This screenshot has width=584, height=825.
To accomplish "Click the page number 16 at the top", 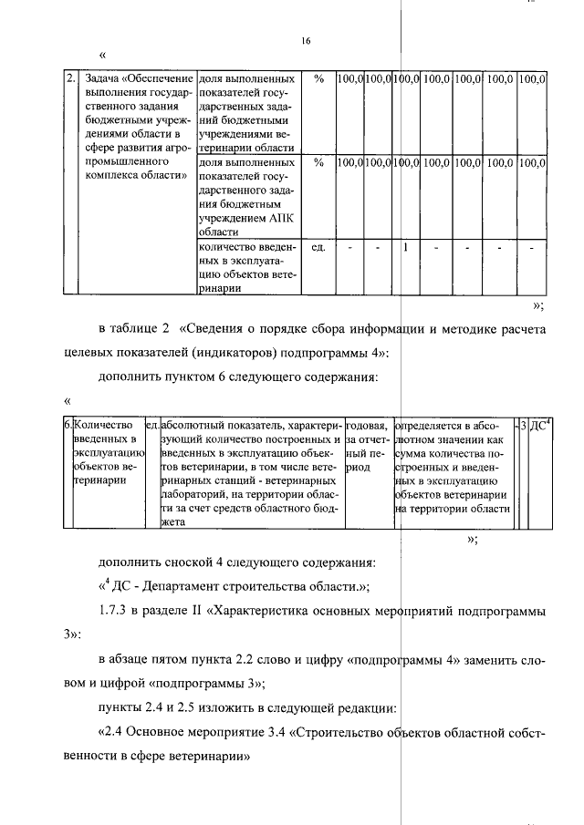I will click(x=306, y=40).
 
